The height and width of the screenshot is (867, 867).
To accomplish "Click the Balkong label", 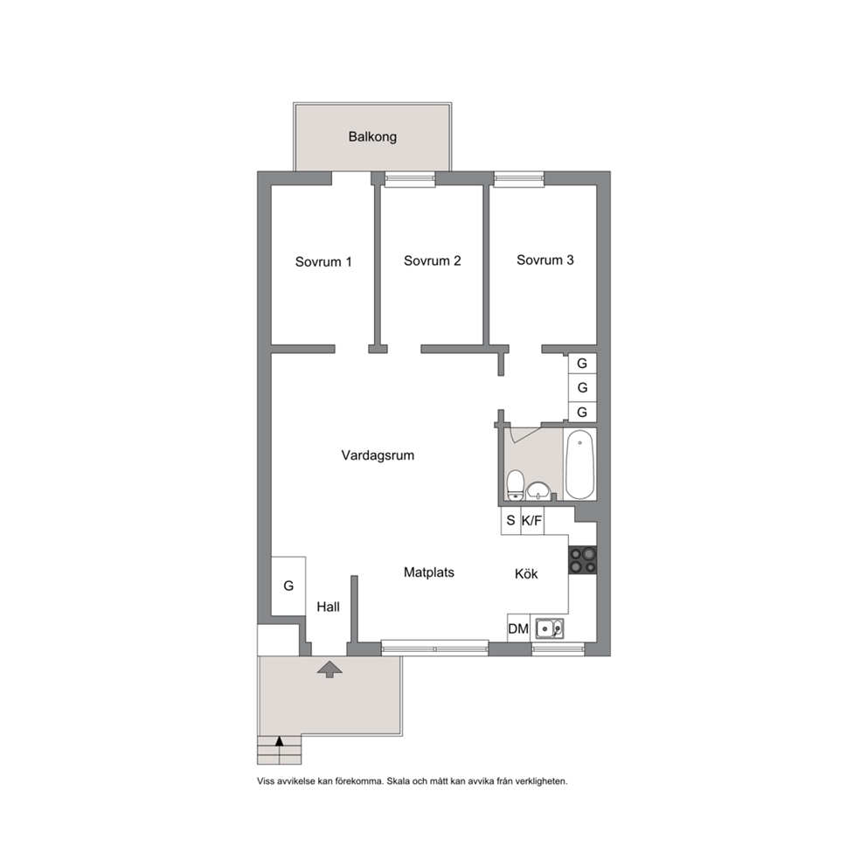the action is [372, 136].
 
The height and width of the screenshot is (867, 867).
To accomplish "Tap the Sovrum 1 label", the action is [323, 261].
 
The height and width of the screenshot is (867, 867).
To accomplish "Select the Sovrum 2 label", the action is [433, 260].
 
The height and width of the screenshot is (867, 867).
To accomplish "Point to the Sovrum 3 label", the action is [545, 260].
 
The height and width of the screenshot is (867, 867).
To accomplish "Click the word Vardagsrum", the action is [378, 455].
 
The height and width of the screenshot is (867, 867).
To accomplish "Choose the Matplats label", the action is [429, 572].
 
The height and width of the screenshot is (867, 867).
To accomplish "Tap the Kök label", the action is [526, 574].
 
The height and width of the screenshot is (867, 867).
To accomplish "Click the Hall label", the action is [328, 607].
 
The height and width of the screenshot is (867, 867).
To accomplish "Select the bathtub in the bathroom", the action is [580, 464].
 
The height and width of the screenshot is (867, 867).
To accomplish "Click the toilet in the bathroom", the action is [516, 485].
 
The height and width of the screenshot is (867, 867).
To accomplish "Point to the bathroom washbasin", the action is [538, 490].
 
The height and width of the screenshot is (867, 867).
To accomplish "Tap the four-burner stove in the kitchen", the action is [583, 559].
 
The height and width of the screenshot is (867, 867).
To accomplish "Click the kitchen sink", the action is [550, 628].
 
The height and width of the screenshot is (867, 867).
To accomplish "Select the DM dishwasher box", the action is [518, 628].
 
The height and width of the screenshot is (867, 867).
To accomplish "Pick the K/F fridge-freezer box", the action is [532, 520].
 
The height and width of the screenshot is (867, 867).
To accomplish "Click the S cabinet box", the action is [511, 520].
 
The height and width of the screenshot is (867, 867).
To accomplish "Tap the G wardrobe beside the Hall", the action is [288, 586].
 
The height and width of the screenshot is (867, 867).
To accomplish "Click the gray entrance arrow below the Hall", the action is [329, 669].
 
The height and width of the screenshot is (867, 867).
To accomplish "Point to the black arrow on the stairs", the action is [280, 741].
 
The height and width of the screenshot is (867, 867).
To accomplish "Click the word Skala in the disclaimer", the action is [399, 781].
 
